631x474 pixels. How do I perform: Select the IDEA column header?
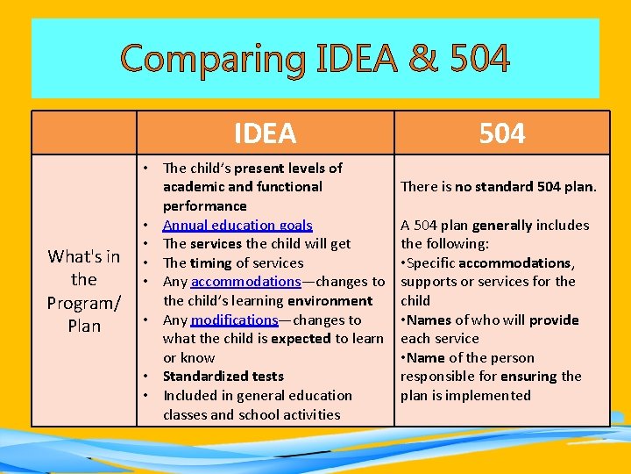coord(265,133)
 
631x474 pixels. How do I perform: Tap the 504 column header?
coord(502,133)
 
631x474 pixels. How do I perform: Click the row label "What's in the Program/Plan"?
coord(84,291)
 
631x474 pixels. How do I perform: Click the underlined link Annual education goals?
coord(238,225)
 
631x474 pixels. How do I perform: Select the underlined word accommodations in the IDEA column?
coord(245,282)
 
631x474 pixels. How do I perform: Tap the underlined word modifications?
coord(234,320)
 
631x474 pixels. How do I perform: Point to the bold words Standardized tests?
coord(223,376)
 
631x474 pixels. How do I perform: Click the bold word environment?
coord(329,301)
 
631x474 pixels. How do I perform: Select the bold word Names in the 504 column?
coord(426,320)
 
